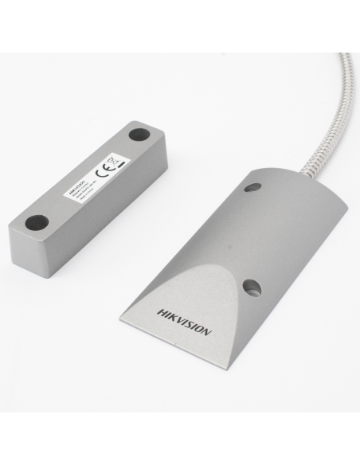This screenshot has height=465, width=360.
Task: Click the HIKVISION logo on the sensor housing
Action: [184, 318]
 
